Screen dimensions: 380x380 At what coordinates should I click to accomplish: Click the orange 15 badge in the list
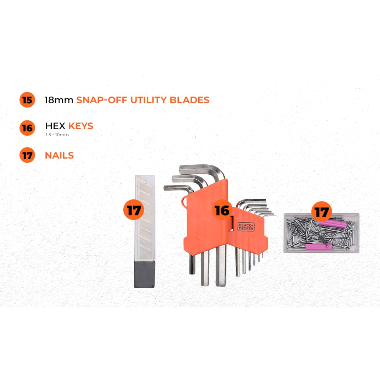[x=27, y=100]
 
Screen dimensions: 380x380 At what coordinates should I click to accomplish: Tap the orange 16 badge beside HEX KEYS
[x=27, y=128]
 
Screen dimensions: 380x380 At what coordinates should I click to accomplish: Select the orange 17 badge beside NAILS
[x=27, y=155]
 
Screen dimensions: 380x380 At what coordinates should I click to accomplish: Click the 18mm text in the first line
[x=59, y=100]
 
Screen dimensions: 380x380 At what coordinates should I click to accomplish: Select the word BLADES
[x=189, y=100]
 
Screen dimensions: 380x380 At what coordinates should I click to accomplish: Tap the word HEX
[x=55, y=126]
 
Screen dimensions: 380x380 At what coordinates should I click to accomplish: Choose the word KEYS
[x=81, y=126]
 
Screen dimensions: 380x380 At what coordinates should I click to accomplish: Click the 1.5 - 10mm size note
[x=57, y=135]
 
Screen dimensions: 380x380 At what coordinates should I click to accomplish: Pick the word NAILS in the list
[x=59, y=155]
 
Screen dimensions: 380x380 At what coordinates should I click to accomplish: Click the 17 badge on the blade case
[x=134, y=210]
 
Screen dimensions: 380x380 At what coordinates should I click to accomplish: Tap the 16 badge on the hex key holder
[x=222, y=210]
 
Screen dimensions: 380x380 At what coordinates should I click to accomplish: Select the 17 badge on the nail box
[x=321, y=212]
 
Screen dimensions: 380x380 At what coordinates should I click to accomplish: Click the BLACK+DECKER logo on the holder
[x=246, y=227]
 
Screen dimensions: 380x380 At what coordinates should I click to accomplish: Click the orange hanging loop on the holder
[x=184, y=201]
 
